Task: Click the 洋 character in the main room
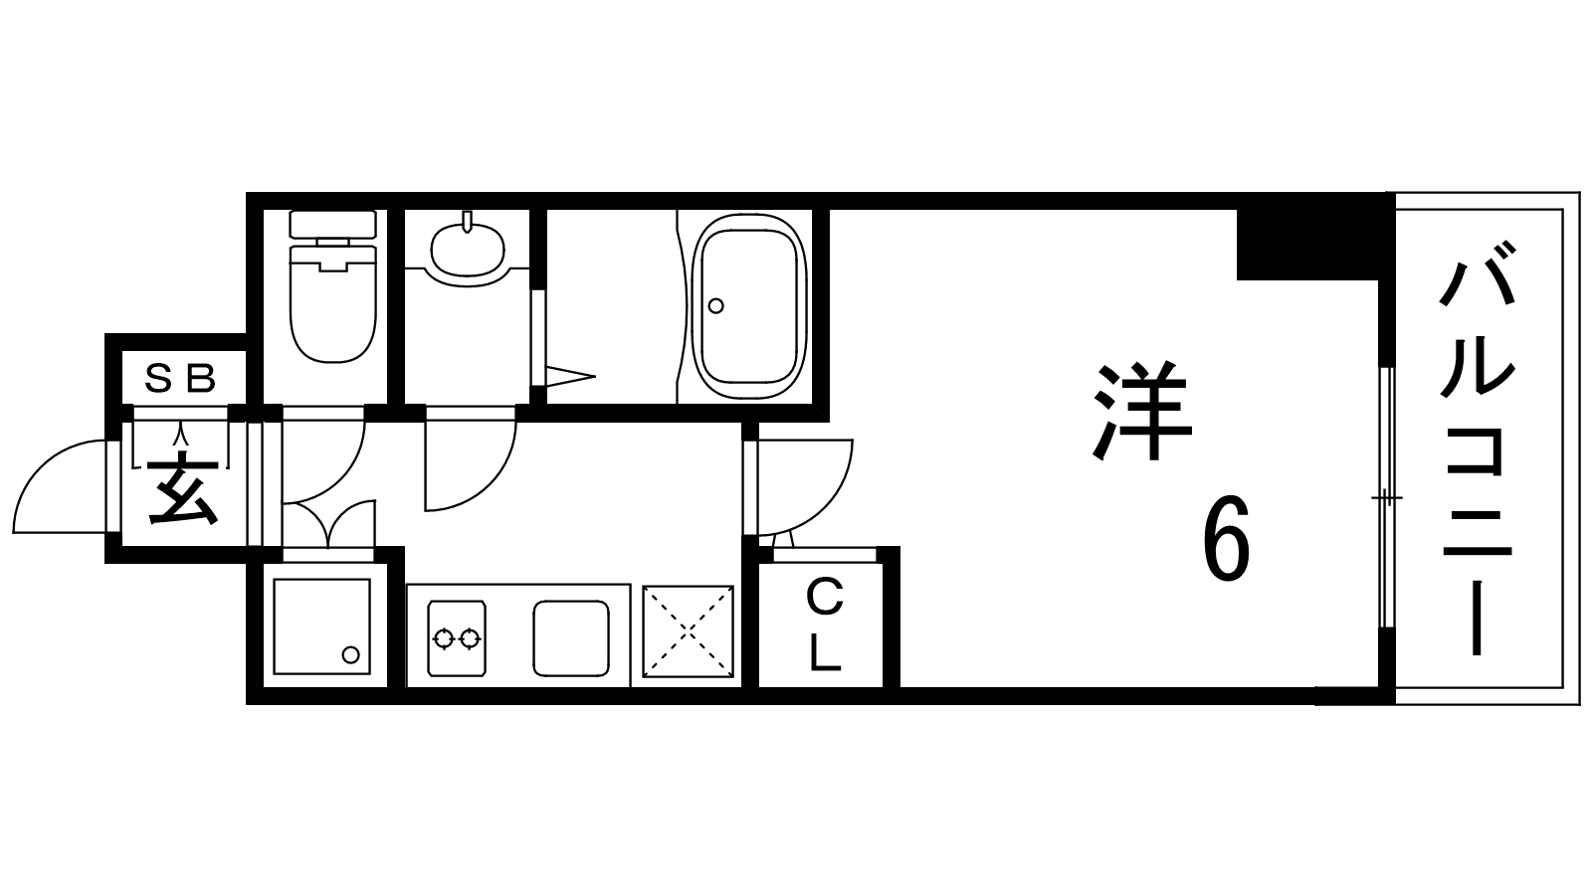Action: [1142, 413]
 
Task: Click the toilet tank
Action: [332, 224]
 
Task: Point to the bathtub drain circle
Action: [716, 305]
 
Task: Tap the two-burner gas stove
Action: [458, 637]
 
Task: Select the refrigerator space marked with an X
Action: [688, 633]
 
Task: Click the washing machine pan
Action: [321, 626]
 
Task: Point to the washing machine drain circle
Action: [350, 654]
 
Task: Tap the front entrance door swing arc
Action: [60, 487]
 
